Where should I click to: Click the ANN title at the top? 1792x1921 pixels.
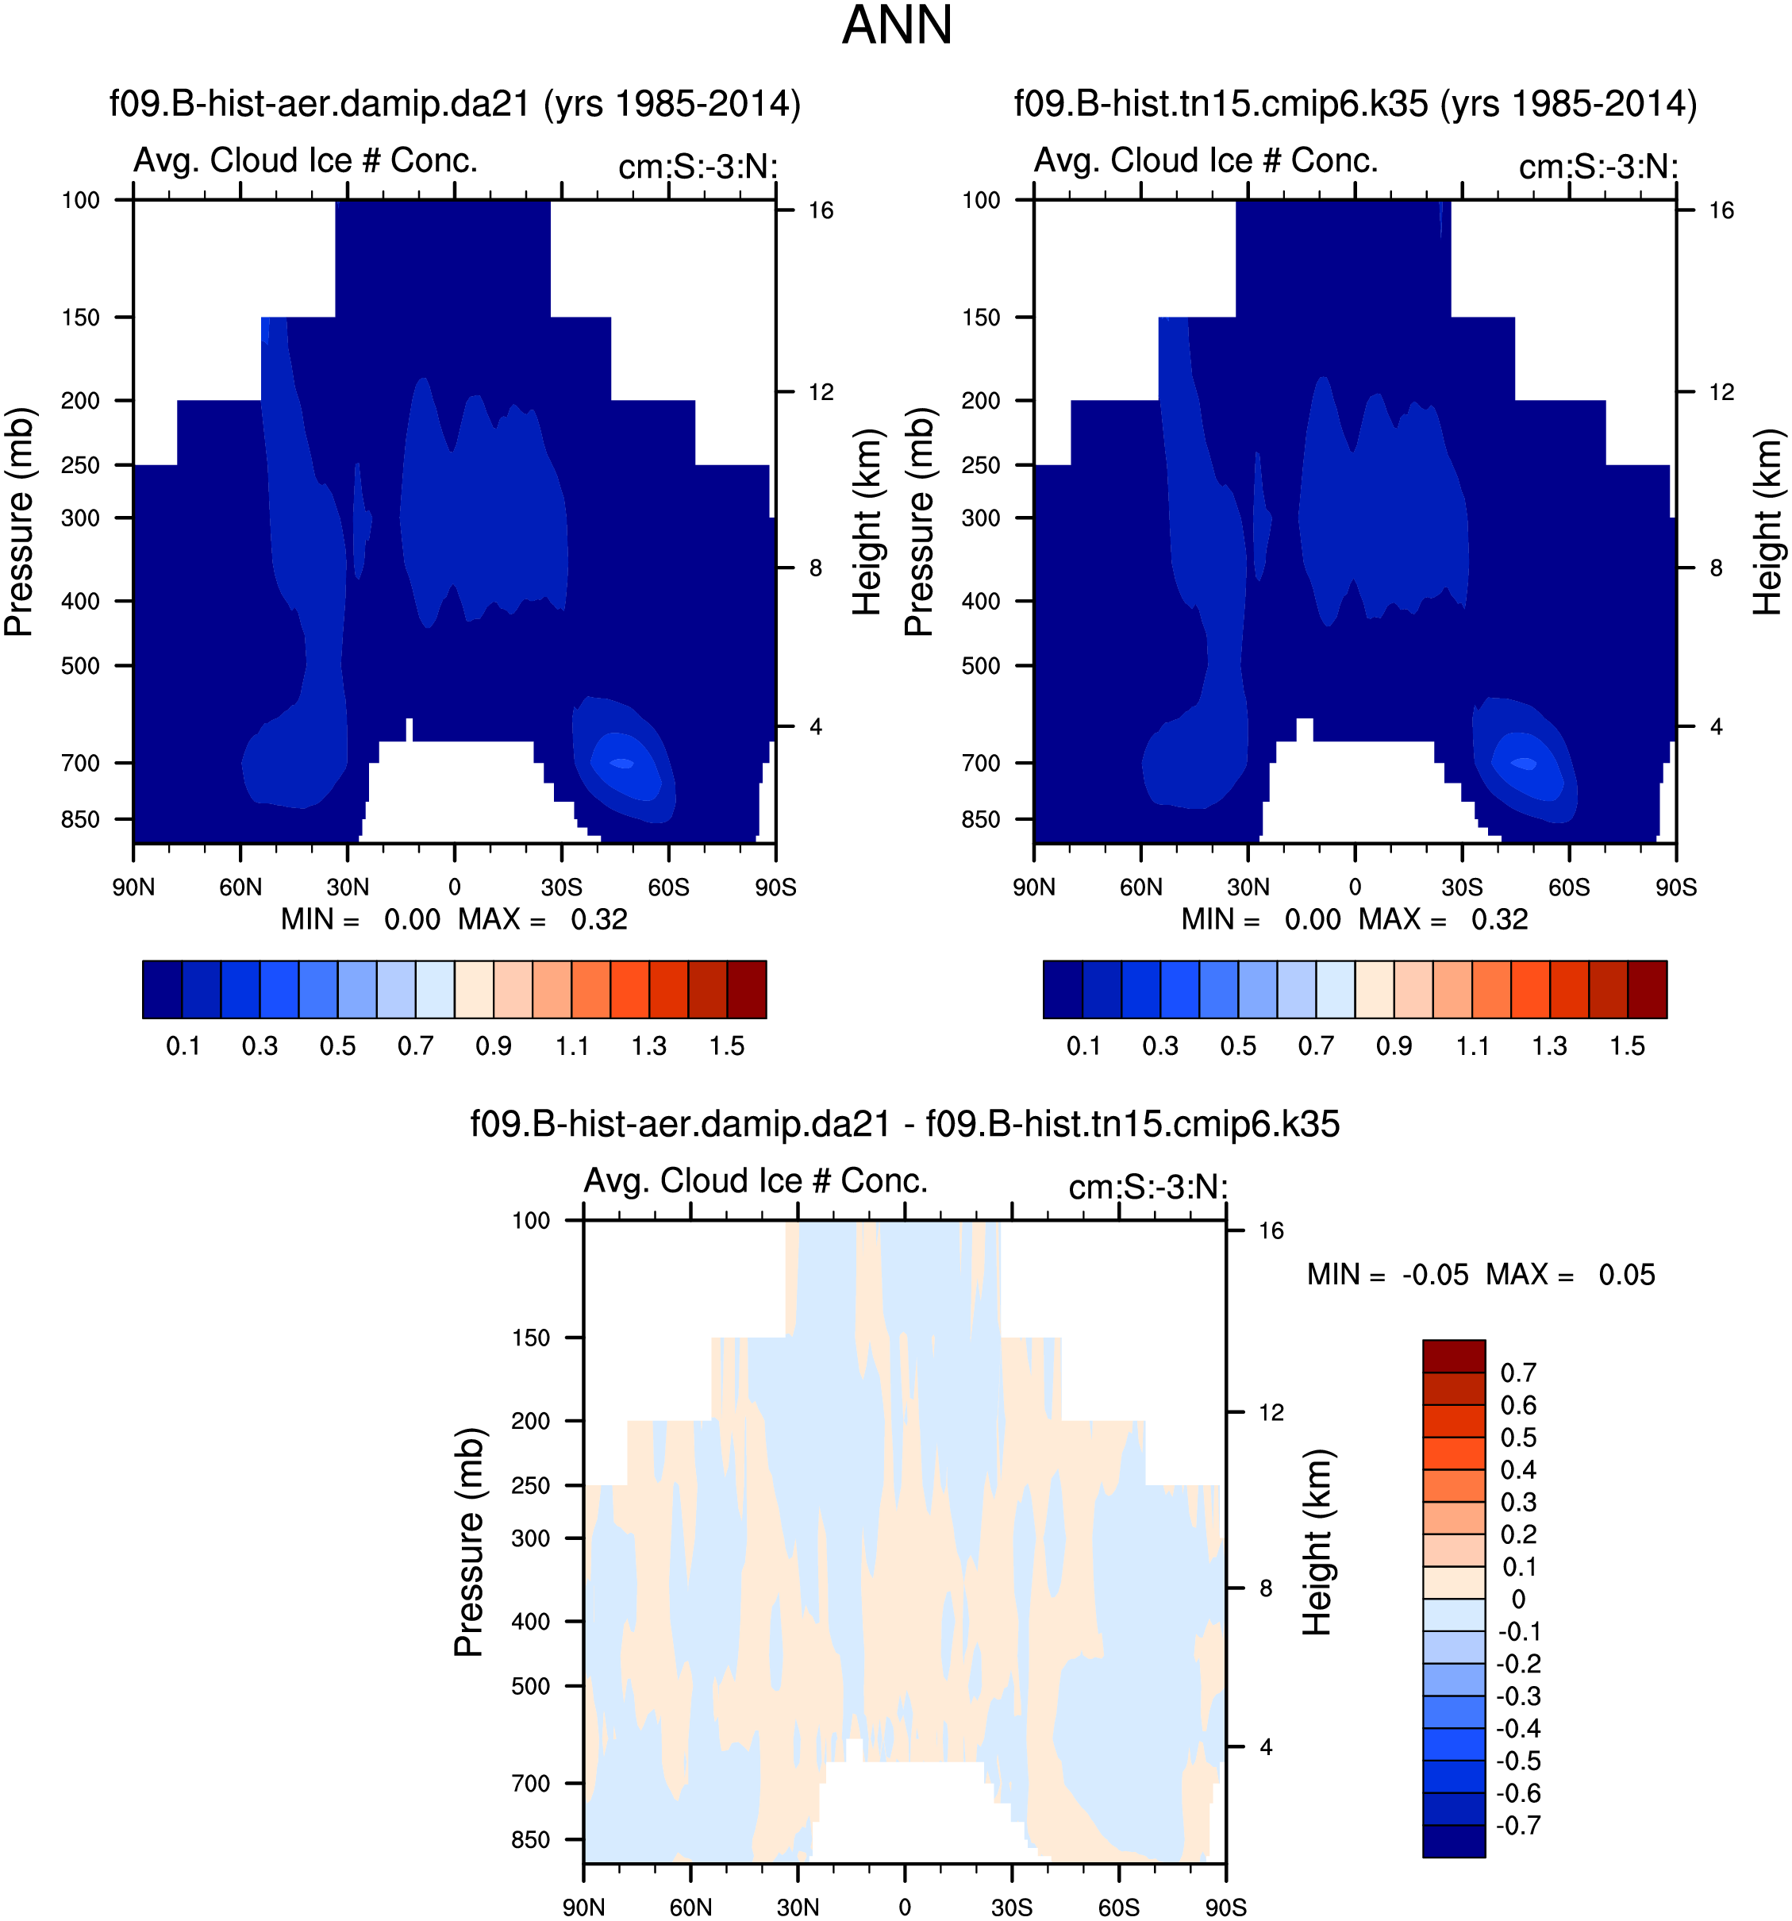897,26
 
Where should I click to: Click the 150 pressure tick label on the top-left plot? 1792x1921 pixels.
80,318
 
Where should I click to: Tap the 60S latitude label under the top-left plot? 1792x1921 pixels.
668,887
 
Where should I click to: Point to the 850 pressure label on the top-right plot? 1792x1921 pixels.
981,819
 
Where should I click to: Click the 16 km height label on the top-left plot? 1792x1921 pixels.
820,210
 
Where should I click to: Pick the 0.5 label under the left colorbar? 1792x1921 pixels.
337,1046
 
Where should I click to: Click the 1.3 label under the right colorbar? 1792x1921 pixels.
1548,1046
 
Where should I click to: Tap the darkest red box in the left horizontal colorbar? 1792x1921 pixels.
746,990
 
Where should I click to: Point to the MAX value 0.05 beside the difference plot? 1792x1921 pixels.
1627,1276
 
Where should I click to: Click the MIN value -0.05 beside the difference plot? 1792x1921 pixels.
1436,1276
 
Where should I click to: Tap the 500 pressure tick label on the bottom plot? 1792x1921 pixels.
530,1686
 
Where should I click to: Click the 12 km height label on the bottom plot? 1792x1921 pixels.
1271,1413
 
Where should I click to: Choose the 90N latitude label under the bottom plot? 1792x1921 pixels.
583,1908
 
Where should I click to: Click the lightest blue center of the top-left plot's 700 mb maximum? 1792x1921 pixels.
622,764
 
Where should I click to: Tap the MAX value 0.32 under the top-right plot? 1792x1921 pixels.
1499,920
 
